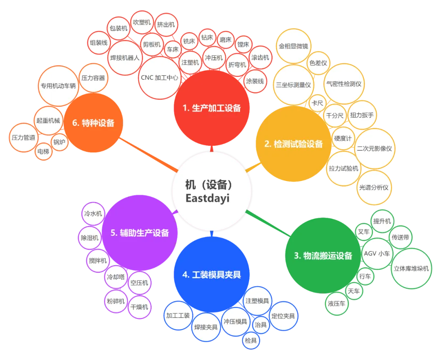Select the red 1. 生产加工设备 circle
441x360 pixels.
[211, 108]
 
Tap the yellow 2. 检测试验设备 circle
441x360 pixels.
[293, 144]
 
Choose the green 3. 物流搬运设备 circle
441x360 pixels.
[323, 256]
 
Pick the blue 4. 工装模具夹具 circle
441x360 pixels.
[211, 275]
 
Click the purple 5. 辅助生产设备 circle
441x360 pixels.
[140, 233]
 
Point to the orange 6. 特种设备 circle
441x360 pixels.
[93, 123]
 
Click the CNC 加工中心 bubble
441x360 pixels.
[159, 78]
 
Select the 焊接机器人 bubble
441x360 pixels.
[125, 58]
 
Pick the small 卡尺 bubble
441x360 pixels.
[317, 103]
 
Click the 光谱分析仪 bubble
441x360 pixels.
[374, 188]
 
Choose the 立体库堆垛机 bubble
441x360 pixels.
[411, 268]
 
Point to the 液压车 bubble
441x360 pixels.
[336, 304]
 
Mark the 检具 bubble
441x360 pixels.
[251, 340]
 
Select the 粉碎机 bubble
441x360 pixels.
[116, 302]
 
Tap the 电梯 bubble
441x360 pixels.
[43, 152]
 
